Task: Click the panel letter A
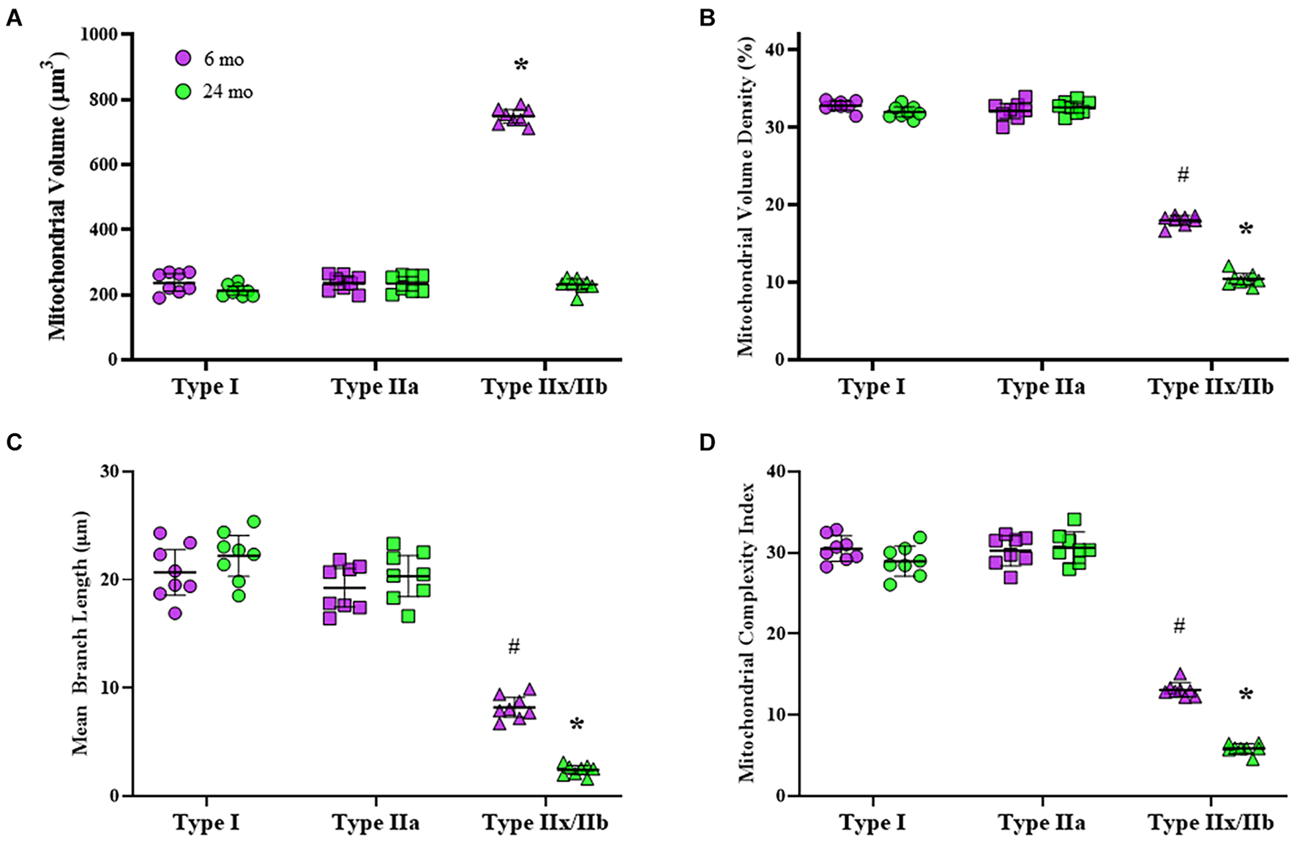click(x=14, y=18)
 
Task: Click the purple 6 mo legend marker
click(x=183, y=59)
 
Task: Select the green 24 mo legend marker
click(x=183, y=92)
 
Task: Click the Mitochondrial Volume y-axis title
click(x=58, y=196)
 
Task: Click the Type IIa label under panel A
click(x=375, y=386)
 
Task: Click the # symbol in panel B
click(x=1182, y=175)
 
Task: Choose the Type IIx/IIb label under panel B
click(x=1211, y=386)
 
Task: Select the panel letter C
click(x=14, y=443)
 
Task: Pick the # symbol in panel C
click(x=514, y=646)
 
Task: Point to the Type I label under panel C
click(x=206, y=823)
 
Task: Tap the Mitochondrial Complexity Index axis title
click(x=747, y=634)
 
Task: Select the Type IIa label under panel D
click(x=1042, y=823)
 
